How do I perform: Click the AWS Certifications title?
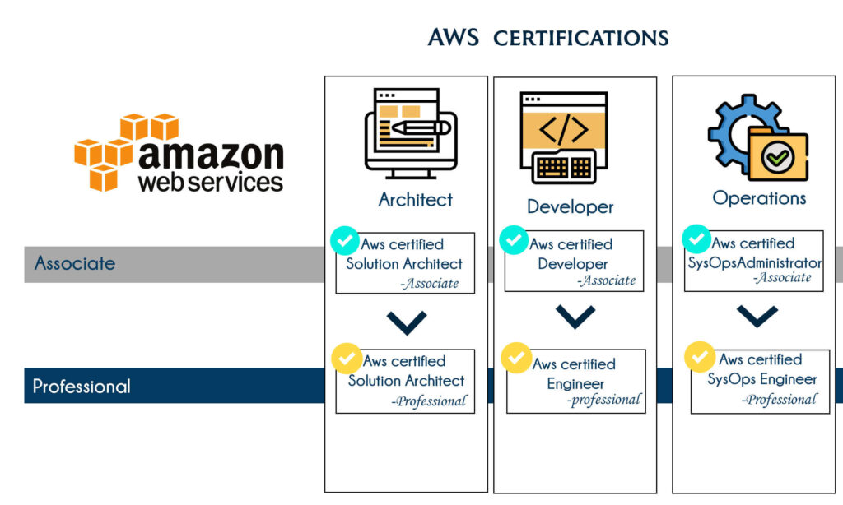pos(547,38)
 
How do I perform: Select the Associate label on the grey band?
pos(75,264)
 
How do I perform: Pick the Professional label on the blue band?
pos(82,386)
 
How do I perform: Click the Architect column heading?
pos(416,199)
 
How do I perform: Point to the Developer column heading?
pos(571,206)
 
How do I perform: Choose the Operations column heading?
pos(759,198)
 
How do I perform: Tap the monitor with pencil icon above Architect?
pos(408,132)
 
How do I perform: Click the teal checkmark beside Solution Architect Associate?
pos(345,242)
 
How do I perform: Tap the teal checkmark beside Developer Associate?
pos(515,240)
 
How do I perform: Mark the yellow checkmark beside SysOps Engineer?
pos(700,358)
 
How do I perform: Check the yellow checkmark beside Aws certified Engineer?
pos(516,359)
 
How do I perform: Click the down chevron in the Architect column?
pos(406,322)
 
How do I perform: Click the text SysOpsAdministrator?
pos(754,263)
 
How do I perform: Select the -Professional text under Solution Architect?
pos(429,401)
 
